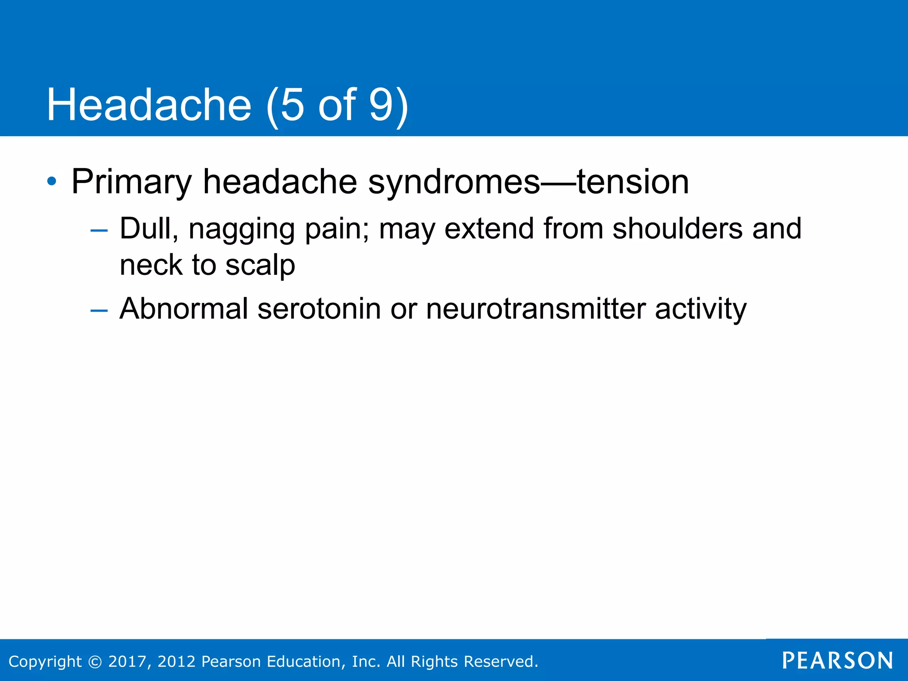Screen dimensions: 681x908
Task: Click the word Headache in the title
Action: coord(149,105)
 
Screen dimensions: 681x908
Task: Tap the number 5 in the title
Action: coord(292,105)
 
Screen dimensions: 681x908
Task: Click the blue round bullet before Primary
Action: coord(52,181)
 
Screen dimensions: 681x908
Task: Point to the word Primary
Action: coord(131,181)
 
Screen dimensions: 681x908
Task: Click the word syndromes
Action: coord(454,181)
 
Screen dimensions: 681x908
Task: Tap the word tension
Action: coord(633,181)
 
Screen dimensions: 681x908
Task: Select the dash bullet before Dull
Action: coord(98,230)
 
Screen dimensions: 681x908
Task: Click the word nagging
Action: coord(242,229)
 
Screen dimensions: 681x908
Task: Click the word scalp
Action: coord(260,265)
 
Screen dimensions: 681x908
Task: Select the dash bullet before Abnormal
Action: coord(98,310)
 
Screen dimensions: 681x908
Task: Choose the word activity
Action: coord(701,309)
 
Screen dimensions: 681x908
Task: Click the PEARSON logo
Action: coord(838,661)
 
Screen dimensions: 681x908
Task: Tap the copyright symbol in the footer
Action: coord(95,661)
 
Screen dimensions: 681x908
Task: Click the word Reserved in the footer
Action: coord(499,661)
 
